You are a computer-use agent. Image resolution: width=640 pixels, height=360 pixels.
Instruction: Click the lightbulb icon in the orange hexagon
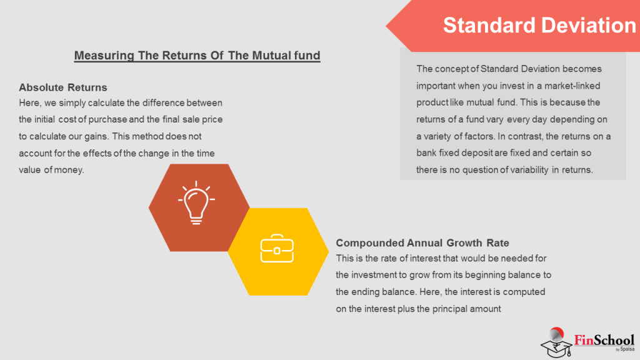click(x=197, y=202)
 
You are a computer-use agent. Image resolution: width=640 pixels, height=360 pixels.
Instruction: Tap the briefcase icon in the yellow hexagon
click(x=277, y=251)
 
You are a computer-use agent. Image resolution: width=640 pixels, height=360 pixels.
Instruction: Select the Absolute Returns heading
click(x=63, y=87)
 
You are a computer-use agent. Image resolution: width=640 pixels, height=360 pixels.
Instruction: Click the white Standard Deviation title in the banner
click(x=539, y=25)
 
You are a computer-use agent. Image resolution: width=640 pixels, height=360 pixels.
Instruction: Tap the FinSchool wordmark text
click(x=604, y=340)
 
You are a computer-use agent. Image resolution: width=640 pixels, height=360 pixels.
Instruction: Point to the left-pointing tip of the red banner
click(x=387, y=26)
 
